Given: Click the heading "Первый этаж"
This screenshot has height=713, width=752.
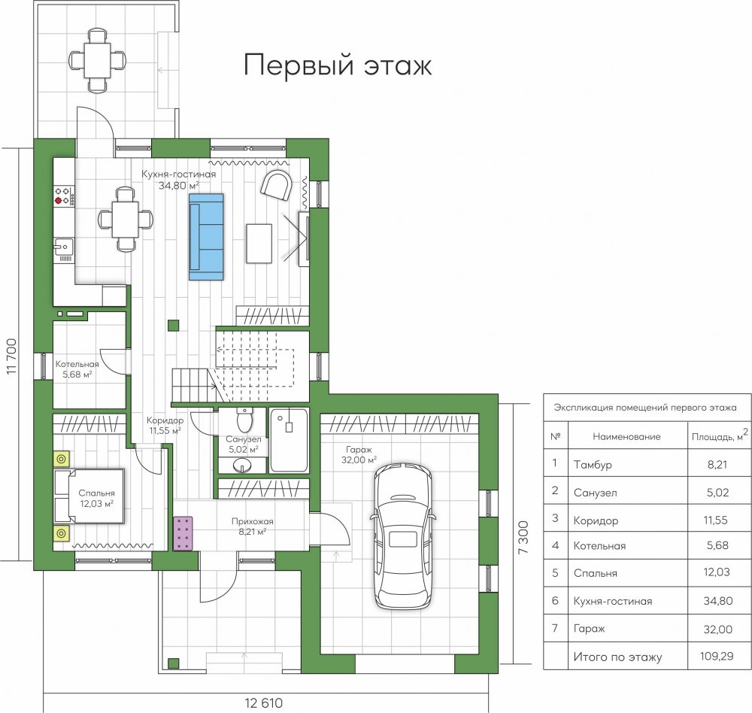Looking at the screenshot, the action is click(x=338, y=65).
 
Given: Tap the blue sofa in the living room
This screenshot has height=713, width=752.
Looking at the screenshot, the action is click(x=206, y=237).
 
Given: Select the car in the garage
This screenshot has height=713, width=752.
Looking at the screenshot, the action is click(x=403, y=536).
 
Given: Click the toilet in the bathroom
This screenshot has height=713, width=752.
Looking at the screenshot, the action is click(x=244, y=420).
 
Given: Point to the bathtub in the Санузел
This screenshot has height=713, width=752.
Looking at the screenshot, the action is click(x=289, y=440).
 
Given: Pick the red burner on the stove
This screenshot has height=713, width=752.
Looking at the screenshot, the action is click(x=59, y=201).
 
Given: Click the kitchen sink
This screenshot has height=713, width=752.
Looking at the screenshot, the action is click(x=63, y=247).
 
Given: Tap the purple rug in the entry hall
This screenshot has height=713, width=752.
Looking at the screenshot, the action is click(x=183, y=533).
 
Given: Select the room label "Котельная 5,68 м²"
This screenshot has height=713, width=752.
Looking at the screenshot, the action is click(x=77, y=369).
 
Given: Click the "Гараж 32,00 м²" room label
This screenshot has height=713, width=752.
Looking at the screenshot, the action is click(x=359, y=454).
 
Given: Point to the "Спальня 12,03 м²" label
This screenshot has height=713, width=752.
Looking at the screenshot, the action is click(x=96, y=498).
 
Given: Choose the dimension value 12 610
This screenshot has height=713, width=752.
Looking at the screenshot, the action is click(x=264, y=703).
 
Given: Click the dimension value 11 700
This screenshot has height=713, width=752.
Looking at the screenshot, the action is click(x=11, y=356).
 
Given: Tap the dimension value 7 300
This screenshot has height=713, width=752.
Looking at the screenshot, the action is click(x=523, y=538).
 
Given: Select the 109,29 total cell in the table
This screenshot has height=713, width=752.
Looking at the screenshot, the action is click(x=717, y=656).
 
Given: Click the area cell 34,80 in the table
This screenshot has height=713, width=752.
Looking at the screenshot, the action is click(x=718, y=600).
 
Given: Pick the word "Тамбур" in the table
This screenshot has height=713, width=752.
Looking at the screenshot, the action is click(x=593, y=465).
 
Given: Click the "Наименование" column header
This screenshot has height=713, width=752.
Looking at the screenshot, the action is click(x=626, y=437).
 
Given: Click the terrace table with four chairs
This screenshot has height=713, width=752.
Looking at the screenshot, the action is click(x=98, y=60).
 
